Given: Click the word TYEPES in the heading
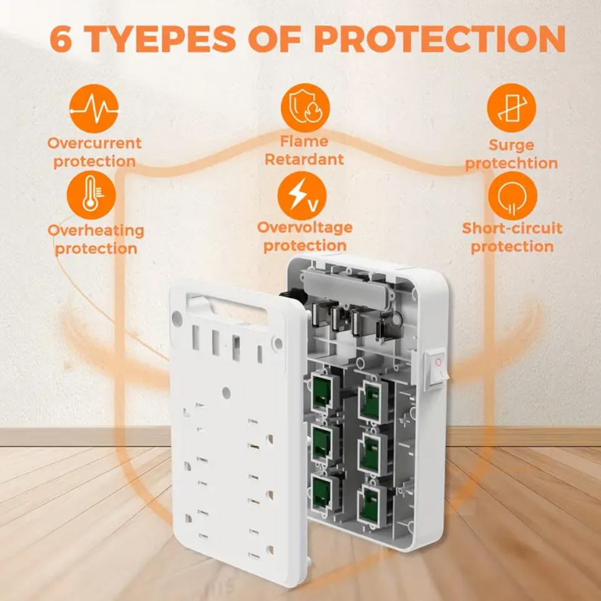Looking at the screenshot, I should click(x=158, y=38).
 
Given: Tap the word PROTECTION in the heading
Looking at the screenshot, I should click(x=440, y=38).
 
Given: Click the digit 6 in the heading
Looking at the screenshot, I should click(x=61, y=39).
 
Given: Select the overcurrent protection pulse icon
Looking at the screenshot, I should click(x=93, y=108).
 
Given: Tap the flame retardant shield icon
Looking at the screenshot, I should click(x=305, y=108).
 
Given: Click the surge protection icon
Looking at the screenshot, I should click(x=512, y=108).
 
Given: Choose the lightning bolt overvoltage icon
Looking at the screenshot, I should click(x=302, y=195).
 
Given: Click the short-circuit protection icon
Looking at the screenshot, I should click(x=512, y=196).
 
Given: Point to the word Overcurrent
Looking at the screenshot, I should click(x=94, y=143).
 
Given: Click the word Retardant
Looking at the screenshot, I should click(x=304, y=160).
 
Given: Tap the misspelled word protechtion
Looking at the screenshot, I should click(x=512, y=163).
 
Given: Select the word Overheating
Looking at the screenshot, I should click(x=96, y=230).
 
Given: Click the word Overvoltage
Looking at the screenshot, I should click(x=305, y=227).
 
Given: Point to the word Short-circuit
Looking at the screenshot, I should click(x=512, y=228).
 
